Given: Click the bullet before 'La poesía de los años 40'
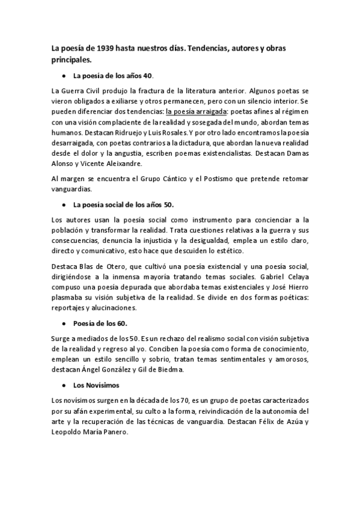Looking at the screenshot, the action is click(63, 76).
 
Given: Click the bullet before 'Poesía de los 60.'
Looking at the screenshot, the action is click(63, 323).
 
